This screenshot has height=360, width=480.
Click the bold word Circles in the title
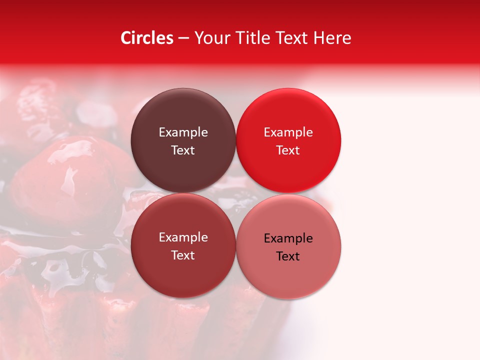pos(147,38)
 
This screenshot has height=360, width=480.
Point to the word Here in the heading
pos(332,38)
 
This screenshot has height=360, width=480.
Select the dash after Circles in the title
pos(183,38)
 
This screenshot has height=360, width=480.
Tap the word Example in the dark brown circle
pos(183,132)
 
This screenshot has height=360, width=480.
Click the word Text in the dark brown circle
pos(183,150)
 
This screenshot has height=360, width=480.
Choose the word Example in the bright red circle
pos(288,132)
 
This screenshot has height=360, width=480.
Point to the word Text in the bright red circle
pos(288,150)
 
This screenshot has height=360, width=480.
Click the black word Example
pos(288,238)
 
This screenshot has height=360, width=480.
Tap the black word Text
pos(288,256)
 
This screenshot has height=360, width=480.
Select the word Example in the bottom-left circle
pos(183,237)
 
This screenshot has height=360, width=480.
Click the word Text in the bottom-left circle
pos(183,255)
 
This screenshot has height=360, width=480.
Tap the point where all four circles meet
pos(235,193)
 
